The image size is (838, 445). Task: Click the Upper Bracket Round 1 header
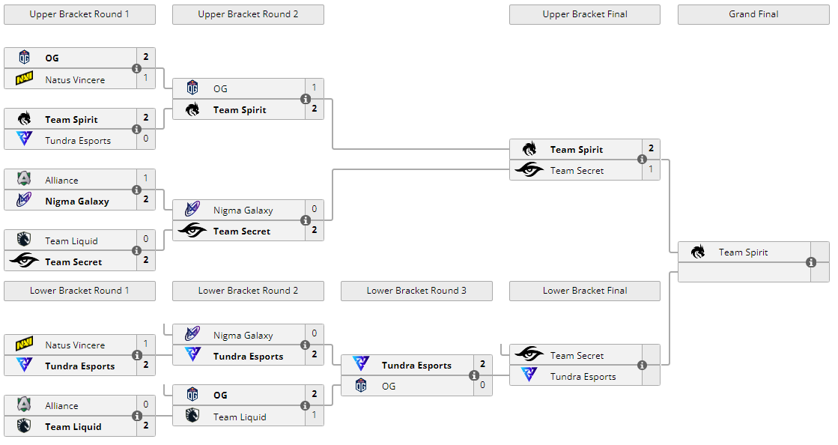(79, 14)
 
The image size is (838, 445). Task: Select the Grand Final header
(753, 14)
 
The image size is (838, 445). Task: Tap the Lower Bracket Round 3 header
(416, 291)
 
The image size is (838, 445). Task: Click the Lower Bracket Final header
(585, 291)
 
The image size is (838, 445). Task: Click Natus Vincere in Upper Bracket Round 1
(75, 79)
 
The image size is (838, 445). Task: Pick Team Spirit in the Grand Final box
(743, 252)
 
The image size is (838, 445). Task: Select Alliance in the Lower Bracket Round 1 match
(61, 405)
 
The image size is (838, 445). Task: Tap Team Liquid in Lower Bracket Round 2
(240, 417)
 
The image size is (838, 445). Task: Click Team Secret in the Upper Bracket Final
(577, 171)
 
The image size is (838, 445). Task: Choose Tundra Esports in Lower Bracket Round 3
(416, 366)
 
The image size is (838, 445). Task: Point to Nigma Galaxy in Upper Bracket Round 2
(243, 211)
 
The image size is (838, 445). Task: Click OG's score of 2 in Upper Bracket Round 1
(146, 57)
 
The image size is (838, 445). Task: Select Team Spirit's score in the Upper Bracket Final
(652, 148)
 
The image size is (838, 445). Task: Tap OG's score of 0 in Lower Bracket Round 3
(483, 386)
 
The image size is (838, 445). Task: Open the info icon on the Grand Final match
(811, 262)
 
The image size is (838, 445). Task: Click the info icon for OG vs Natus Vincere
(137, 69)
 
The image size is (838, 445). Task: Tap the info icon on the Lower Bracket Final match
(643, 366)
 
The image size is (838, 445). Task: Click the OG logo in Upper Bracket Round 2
(192, 88)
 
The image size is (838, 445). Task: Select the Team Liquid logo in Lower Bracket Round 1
(24, 426)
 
